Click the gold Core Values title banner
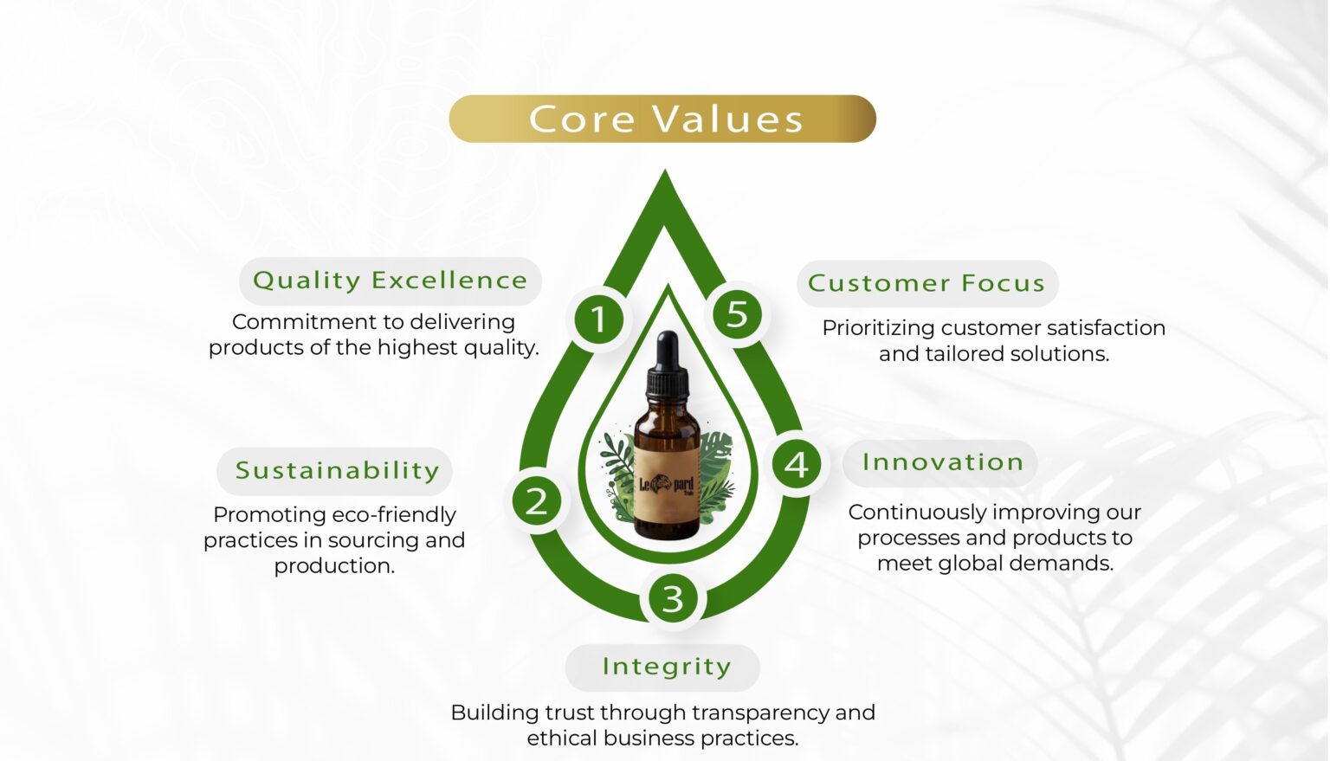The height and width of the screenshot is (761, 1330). pyautogui.click(x=662, y=119)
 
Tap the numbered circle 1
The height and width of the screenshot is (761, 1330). pyautogui.click(x=598, y=319)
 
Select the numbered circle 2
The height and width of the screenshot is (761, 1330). pyautogui.click(x=537, y=501)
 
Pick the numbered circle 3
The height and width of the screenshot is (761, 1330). pyautogui.click(x=672, y=598)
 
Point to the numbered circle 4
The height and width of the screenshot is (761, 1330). pyautogui.click(x=797, y=464)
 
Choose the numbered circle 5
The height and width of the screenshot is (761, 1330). pyautogui.click(x=737, y=314)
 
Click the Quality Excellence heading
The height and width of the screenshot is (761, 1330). pyautogui.click(x=391, y=281)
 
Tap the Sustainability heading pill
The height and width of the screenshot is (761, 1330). pyautogui.click(x=334, y=471)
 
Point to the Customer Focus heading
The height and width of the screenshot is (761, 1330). pyautogui.click(x=927, y=284)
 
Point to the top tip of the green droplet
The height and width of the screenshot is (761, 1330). pyautogui.click(x=665, y=170)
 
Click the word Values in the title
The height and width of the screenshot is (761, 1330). pyautogui.click(x=728, y=119)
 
